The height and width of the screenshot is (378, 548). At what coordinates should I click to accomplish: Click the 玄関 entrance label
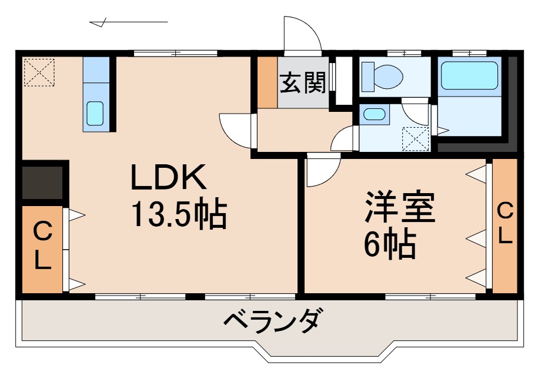click(x=302, y=84)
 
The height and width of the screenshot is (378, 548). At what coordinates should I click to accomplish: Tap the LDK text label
click(x=168, y=178)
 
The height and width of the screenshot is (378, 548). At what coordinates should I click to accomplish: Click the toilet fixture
click(x=382, y=76)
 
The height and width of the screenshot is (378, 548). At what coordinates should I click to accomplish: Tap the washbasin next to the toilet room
click(x=373, y=114)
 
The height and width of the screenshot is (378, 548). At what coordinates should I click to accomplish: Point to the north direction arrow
click(x=129, y=23)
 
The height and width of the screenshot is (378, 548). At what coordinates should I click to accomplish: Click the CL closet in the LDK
click(x=42, y=248)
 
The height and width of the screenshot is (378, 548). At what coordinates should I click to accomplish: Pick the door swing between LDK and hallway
click(x=236, y=128)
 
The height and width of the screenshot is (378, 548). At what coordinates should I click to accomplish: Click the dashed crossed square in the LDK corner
click(x=39, y=71)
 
